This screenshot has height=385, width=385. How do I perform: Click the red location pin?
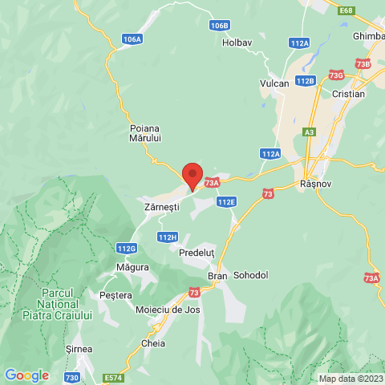point(192,174)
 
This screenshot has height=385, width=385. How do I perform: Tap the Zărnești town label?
point(160,207)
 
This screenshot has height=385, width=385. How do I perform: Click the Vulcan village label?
point(274,83)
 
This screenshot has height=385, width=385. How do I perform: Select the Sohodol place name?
point(250,275)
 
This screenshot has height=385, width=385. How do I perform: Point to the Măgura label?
point(132,266)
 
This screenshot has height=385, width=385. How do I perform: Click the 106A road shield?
point(133,38)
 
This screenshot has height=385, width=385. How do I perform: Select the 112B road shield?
point(305,81)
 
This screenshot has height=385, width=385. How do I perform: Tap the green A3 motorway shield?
point(310,132)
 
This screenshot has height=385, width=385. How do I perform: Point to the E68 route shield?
point(346,10)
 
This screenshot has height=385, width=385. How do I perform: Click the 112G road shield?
point(126,248)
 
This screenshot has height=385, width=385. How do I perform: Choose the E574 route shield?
point(113,376)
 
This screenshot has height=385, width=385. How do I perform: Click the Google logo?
point(26,375)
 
